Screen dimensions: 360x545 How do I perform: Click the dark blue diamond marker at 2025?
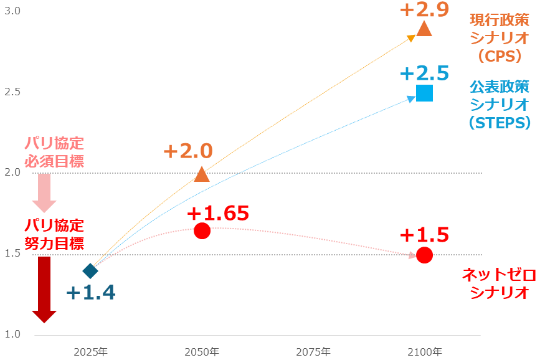coord(90,271)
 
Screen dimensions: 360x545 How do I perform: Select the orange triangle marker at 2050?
coord(202,174)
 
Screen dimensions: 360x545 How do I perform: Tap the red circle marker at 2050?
coord(202,230)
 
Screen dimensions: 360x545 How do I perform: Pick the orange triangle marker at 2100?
coord(424,29)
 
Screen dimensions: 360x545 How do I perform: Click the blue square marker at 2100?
coord(424,93)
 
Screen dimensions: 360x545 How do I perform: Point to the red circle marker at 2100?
coord(424,255)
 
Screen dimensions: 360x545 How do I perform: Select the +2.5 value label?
coord(424,73)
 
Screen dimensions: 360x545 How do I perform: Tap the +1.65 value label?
coord(218,213)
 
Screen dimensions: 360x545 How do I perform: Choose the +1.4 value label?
coord(91,293)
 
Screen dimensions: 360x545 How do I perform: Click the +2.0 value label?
coord(187,151)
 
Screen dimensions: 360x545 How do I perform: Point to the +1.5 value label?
coord(424,235)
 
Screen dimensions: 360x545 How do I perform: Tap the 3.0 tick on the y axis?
coord(12,11)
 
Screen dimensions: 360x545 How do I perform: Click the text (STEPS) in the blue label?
coord(500,122)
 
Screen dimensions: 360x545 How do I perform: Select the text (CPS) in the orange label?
coord(500,56)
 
